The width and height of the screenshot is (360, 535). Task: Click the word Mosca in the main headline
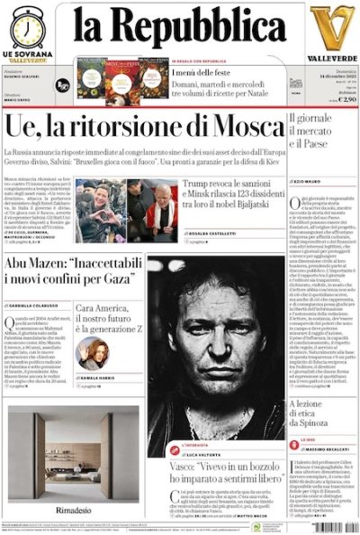click(x=238, y=126)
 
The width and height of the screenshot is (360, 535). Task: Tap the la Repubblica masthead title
click(x=179, y=31)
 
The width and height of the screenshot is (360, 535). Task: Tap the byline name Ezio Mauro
click(x=311, y=182)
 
